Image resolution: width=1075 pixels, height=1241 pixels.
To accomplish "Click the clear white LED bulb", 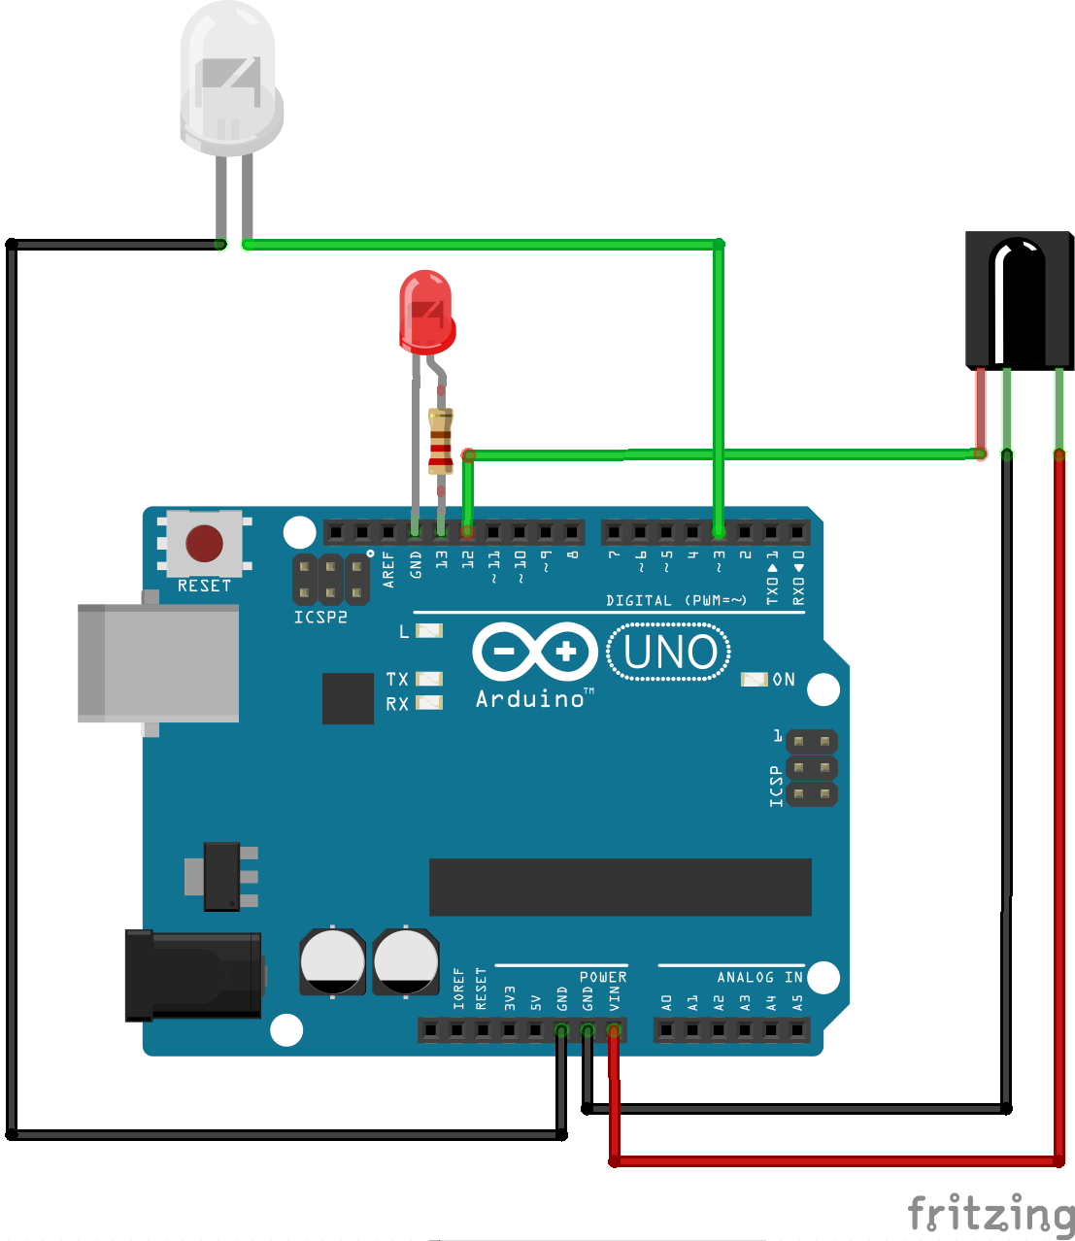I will [x=230, y=78].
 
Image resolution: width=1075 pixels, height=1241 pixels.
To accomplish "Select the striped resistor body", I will [x=441, y=441].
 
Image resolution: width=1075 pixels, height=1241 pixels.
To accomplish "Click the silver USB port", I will [x=158, y=662].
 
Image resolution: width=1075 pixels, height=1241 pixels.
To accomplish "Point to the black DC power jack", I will [x=193, y=975].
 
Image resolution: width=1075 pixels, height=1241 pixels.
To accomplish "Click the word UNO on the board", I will [x=670, y=653].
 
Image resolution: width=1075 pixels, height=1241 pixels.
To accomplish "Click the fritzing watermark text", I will [x=991, y=1214].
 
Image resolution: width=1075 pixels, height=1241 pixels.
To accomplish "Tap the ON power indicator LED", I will [x=754, y=679].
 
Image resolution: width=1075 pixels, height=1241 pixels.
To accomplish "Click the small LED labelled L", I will [x=429, y=630].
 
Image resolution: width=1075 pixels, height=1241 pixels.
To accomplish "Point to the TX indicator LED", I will [x=429, y=679].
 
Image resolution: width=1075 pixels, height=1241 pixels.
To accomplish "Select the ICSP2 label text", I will [x=320, y=618].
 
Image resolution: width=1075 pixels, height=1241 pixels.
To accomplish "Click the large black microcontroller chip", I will [x=620, y=887].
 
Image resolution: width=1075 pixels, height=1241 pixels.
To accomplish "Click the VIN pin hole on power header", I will [x=614, y=1030].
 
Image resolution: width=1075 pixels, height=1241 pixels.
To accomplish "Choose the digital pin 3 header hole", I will [x=719, y=532].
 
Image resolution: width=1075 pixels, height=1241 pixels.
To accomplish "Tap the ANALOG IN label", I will [x=759, y=977].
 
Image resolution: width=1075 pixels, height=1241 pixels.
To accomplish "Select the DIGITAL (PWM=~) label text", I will [x=676, y=600].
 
